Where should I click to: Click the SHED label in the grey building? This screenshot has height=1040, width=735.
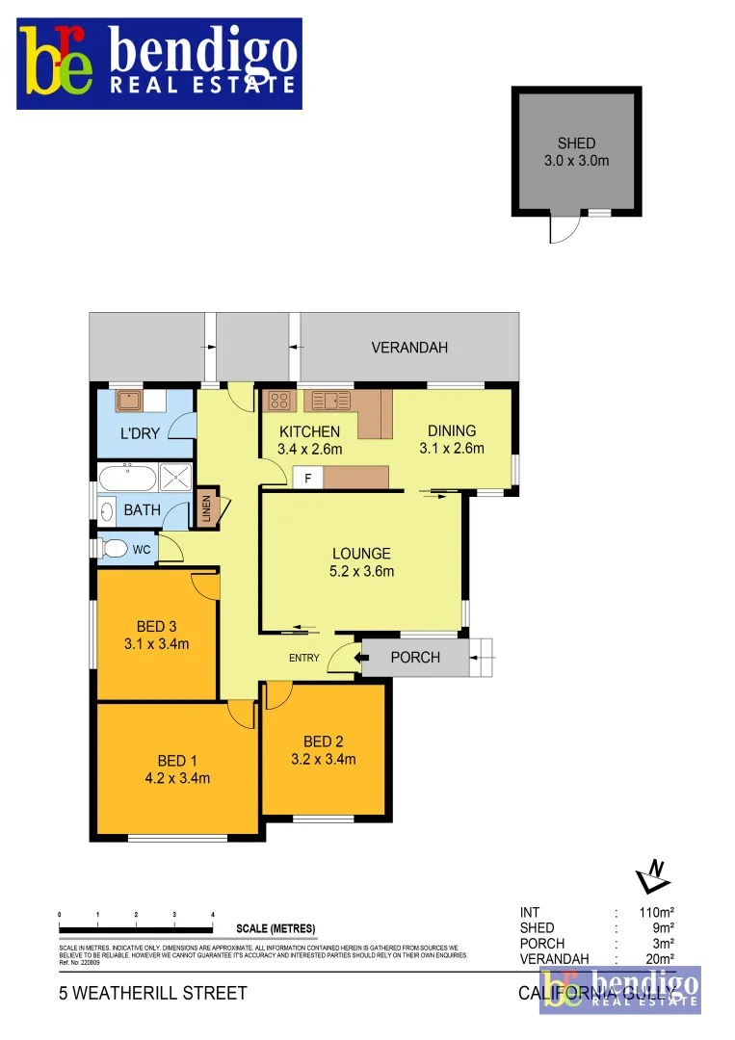[576, 143]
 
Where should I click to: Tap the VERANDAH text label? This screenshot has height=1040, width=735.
[409, 348]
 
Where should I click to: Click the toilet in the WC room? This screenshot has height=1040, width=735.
[114, 549]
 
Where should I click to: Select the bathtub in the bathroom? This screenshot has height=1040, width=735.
[126, 477]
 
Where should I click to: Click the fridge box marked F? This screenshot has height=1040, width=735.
[308, 478]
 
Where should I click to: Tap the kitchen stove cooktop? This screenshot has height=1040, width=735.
[279, 400]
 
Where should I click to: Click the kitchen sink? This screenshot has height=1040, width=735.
[328, 400]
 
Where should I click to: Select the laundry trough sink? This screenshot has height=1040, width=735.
[129, 401]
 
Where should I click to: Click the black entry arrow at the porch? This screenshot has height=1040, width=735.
[360, 658]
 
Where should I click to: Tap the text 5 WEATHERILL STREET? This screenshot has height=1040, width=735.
[153, 993]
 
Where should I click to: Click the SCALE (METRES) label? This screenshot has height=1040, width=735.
[276, 929]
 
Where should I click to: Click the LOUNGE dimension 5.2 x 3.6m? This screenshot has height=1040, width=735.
[361, 571]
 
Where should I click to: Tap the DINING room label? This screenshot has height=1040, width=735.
[452, 430]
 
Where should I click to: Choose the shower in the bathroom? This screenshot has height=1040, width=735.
[174, 477]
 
